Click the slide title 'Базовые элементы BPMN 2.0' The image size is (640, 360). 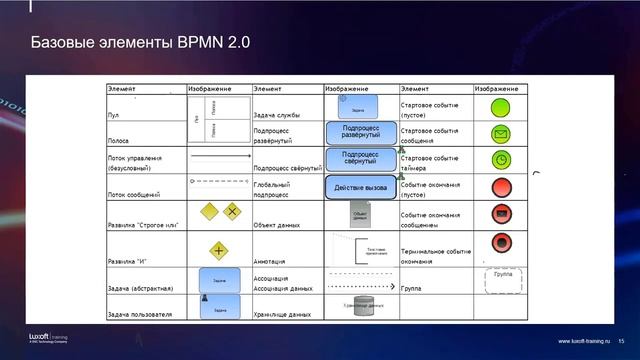139,44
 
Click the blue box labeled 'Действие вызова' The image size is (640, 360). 361,186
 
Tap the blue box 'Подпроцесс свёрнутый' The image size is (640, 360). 361,159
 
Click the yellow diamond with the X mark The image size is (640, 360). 232,211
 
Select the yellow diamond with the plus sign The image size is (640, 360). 218,250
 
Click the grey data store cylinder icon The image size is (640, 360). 361,304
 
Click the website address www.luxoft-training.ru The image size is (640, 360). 584,341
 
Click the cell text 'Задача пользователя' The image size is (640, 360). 140,315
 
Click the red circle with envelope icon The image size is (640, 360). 501,213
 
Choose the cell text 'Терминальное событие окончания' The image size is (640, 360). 436,255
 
